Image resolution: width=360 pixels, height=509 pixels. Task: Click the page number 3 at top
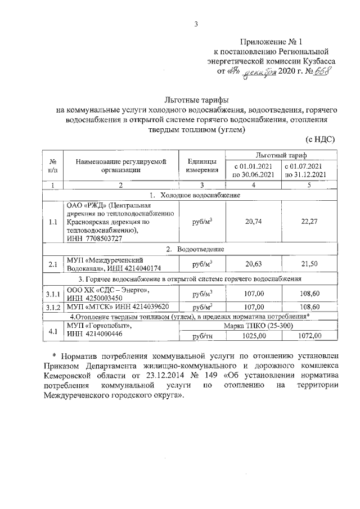[x=196, y=23]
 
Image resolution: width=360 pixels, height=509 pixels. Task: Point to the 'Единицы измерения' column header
[x=202, y=166]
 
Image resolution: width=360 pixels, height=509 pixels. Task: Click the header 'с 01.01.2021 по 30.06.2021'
[x=253, y=170]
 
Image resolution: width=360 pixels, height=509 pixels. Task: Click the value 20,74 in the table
[x=253, y=222]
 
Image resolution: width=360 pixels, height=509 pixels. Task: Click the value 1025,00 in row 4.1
[x=253, y=336]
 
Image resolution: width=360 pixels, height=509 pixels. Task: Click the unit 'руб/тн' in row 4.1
[x=202, y=336]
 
